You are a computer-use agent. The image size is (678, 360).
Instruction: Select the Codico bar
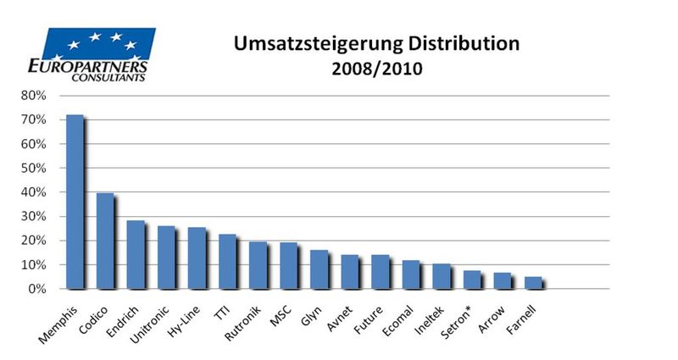(105, 241)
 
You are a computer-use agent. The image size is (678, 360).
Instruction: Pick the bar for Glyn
(318, 269)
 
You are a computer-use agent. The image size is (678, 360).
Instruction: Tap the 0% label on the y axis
(36, 290)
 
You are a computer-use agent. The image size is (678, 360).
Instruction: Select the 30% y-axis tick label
(33, 217)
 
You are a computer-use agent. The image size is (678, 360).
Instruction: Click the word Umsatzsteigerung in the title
(281, 43)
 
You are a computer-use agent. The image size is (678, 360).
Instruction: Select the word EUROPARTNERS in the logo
(88, 65)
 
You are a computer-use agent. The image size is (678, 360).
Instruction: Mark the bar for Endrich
(136, 254)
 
